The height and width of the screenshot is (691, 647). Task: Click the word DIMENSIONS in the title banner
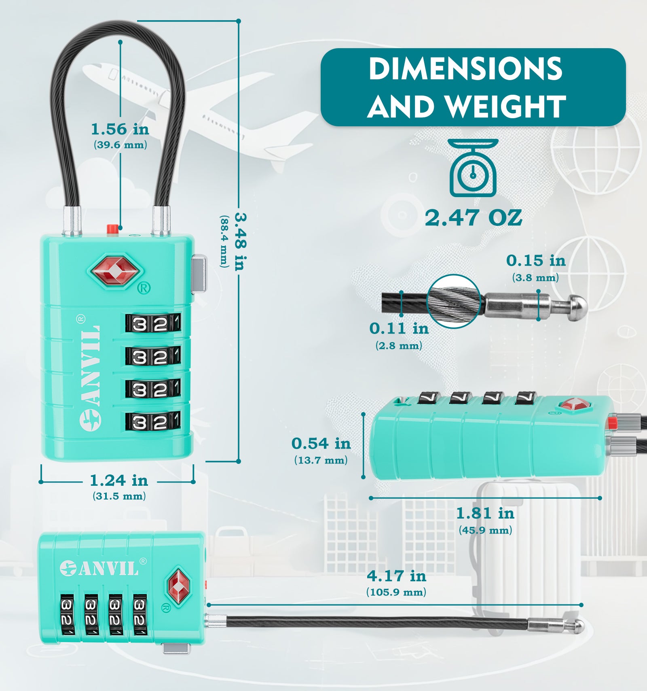pyautogui.click(x=465, y=69)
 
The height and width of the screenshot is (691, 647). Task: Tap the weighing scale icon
pyautogui.click(x=473, y=168)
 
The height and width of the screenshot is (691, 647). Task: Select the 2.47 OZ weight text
pyautogui.click(x=473, y=218)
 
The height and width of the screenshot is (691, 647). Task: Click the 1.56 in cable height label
pyautogui.click(x=120, y=129)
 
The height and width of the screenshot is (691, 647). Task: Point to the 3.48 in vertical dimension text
pyautogui.click(x=241, y=242)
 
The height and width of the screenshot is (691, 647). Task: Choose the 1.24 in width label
pyautogui.click(x=119, y=481)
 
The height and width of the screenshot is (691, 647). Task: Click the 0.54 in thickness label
pyautogui.click(x=321, y=444)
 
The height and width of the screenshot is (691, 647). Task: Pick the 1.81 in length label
pyautogui.click(x=485, y=513)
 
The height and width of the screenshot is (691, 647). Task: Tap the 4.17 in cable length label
pyautogui.click(x=397, y=576)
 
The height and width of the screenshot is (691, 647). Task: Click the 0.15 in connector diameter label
pyautogui.click(x=536, y=260)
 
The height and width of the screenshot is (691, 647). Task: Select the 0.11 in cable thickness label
pyautogui.click(x=399, y=328)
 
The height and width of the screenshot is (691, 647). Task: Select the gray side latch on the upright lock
pyautogui.click(x=199, y=274)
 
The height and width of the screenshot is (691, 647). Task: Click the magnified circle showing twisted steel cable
pyautogui.click(x=454, y=301)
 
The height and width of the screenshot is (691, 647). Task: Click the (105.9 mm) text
pyautogui.click(x=396, y=592)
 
